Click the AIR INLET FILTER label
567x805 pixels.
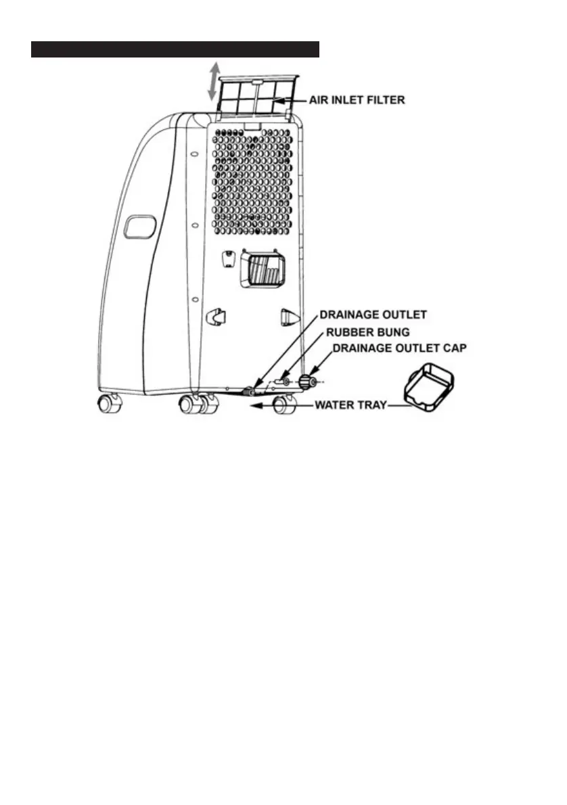tap(357, 100)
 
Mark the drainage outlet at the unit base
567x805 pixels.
tap(252, 391)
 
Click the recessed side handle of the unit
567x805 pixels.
tap(140, 227)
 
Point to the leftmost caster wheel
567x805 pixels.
tap(108, 404)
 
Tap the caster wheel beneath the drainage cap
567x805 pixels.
tap(283, 405)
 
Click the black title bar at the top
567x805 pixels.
tap(175, 49)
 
